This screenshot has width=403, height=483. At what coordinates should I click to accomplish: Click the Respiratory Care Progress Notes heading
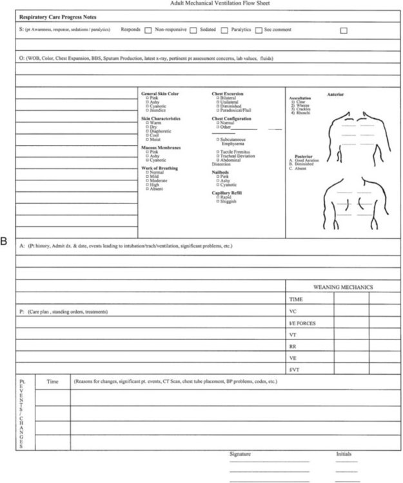(x=57, y=17)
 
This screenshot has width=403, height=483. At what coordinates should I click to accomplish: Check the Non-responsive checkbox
(x=148, y=30)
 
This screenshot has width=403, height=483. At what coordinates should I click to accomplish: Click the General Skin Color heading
(x=161, y=94)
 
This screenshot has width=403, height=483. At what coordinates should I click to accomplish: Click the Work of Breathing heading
(x=159, y=168)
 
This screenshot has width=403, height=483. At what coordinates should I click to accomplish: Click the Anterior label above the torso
(x=335, y=95)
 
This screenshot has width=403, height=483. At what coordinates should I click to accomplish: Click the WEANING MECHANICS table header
(x=343, y=287)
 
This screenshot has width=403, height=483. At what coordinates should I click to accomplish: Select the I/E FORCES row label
(x=302, y=323)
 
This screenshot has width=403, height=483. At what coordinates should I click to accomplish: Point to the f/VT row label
(x=294, y=370)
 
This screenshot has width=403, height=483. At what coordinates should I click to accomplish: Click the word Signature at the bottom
(x=240, y=454)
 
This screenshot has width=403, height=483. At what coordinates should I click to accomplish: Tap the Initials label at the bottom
(x=344, y=454)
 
